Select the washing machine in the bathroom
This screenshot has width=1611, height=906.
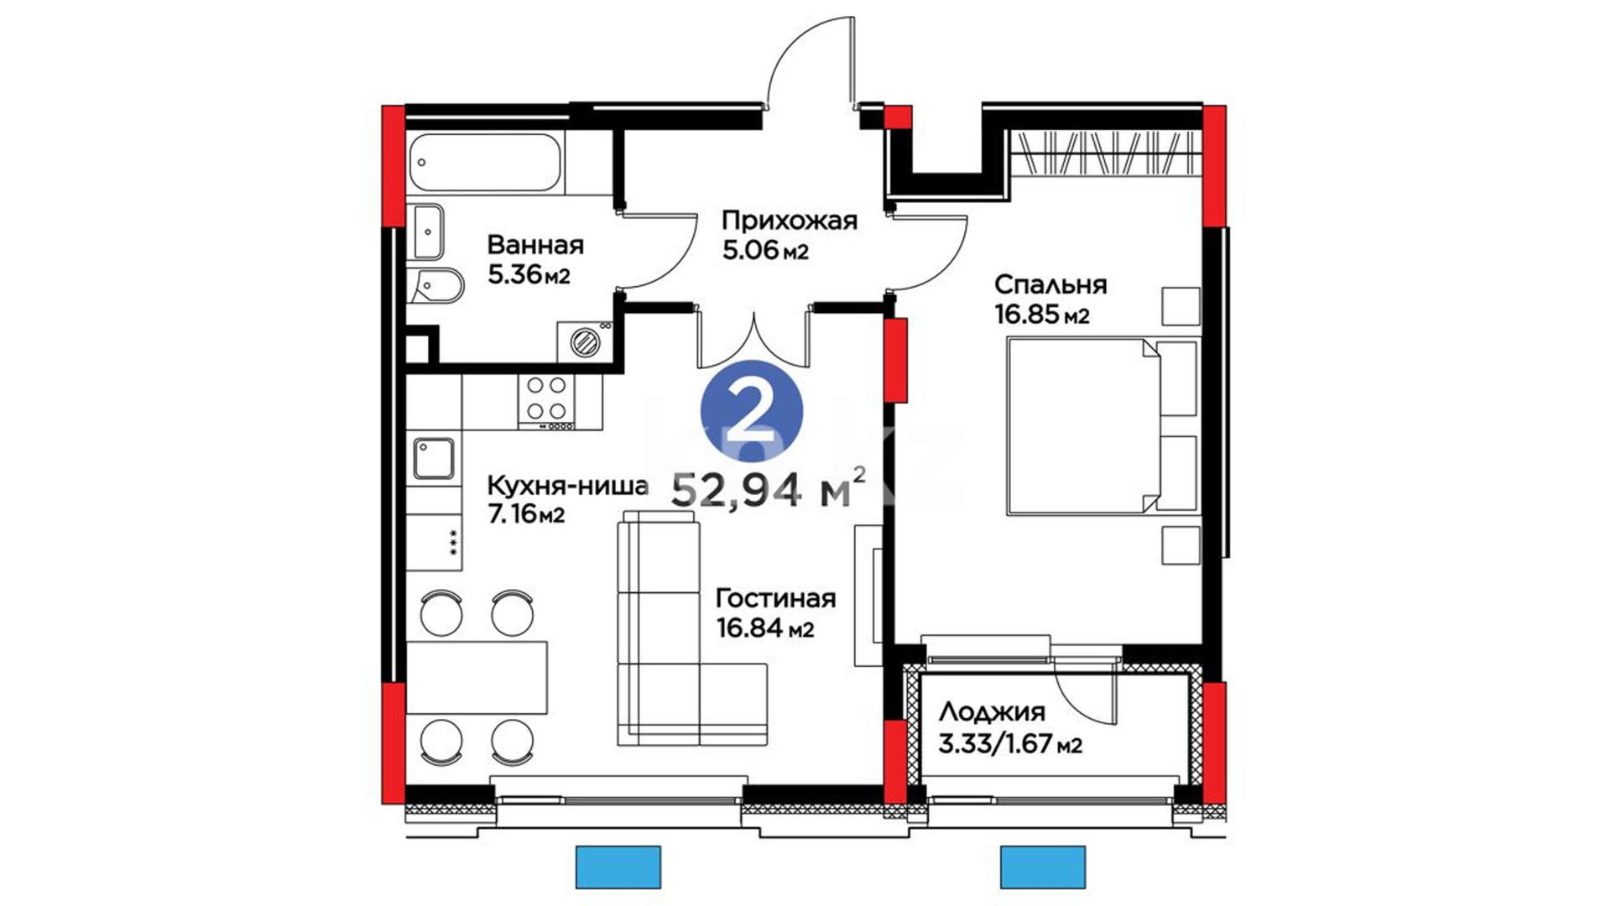(x=584, y=341)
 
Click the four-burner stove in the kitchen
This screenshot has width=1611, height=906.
(x=546, y=399)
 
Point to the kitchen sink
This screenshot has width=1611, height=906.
(x=434, y=459)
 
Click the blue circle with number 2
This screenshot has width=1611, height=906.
(x=752, y=411)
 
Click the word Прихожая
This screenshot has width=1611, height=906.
(x=790, y=221)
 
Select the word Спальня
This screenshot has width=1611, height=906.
(x=1051, y=285)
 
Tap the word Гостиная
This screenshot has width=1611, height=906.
(x=775, y=598)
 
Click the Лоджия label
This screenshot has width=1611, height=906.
(x=992, y=713)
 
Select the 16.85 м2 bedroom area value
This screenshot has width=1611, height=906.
(x=1042, y=315)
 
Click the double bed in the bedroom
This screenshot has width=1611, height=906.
(x=1103, y=425)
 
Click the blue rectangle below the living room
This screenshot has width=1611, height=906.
(x=618, y=867)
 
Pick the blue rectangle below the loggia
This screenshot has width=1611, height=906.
(x=1042, y=867)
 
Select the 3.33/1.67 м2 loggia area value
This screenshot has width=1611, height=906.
(x=1009, y=744)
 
